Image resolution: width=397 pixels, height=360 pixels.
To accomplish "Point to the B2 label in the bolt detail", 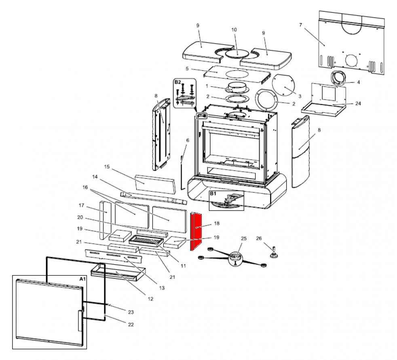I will pyautogui.click(x=177, y=82).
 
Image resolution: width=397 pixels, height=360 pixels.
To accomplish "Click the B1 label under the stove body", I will pyautogui.click(x=213, y=194).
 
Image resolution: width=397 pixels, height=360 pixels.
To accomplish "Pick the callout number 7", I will pyautogui.click(x=300, y=25).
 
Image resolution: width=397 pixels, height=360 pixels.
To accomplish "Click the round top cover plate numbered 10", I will pyautogui.click(x=237, y=53).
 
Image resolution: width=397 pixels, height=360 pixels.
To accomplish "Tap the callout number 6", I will pyautogui.click(x=187, y=140).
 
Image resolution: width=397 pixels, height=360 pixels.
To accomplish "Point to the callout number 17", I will pyautogui.click(x=81, y=205).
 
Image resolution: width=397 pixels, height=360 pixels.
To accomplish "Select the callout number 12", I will pyautogui.click(x=150, y=299).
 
